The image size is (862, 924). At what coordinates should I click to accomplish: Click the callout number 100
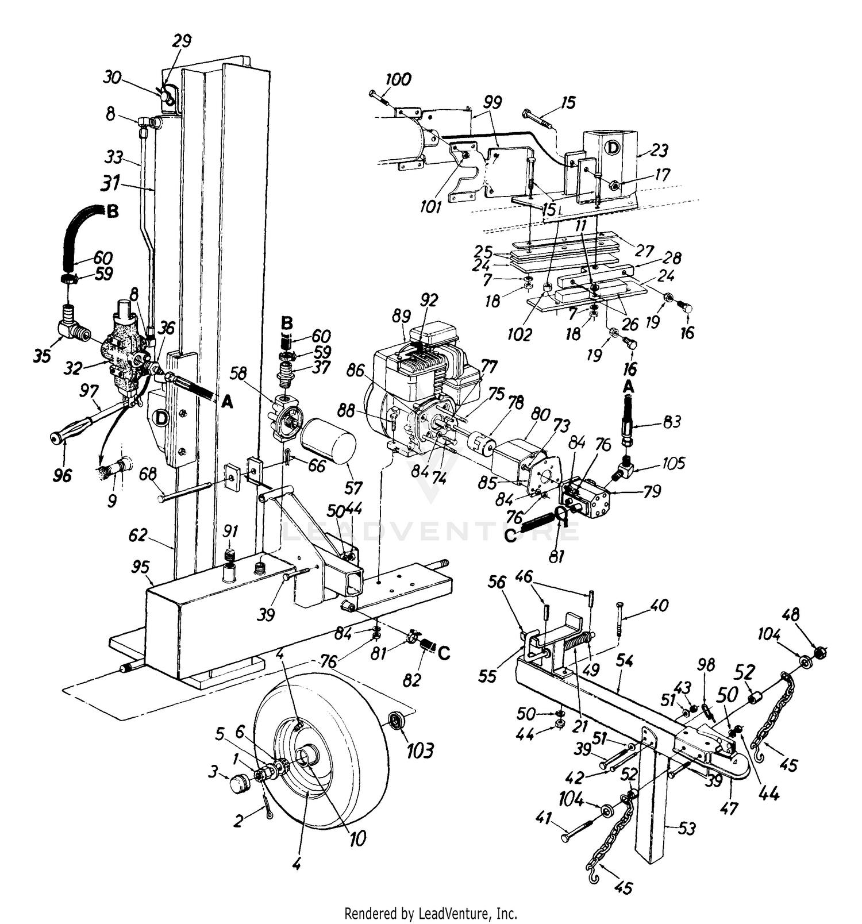[x=398, y=79]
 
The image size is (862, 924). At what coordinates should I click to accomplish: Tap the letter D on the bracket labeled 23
[x=613, y=148]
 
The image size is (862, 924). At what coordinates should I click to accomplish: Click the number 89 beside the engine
[x=402, y=315]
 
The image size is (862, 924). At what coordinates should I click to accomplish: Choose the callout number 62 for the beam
[x=138, y=536]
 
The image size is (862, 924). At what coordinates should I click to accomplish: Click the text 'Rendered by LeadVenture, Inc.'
[x=430, y=913]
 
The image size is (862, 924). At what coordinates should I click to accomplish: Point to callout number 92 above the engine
[x=429, y=299]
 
